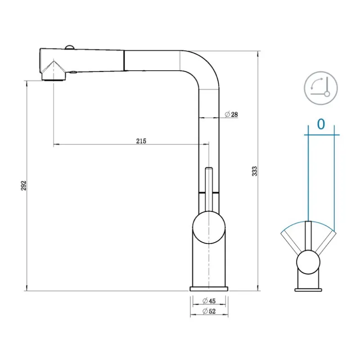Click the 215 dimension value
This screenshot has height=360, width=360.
[x=141, y=141]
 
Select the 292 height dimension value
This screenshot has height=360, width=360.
[x=24, y=185]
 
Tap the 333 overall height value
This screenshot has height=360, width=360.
[x=254, y=171]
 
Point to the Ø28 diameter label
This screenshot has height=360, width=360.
[x=231, y=114]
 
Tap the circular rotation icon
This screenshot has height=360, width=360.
[x=320, y=87]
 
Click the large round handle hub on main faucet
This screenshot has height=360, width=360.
[x=208, y=228]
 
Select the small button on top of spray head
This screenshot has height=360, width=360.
[x=70, y=48]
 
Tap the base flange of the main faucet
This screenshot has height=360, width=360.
[x=209, y=288]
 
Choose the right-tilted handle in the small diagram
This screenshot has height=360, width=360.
[x=326, y=242]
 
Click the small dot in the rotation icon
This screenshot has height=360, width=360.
[x=327, y=94]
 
